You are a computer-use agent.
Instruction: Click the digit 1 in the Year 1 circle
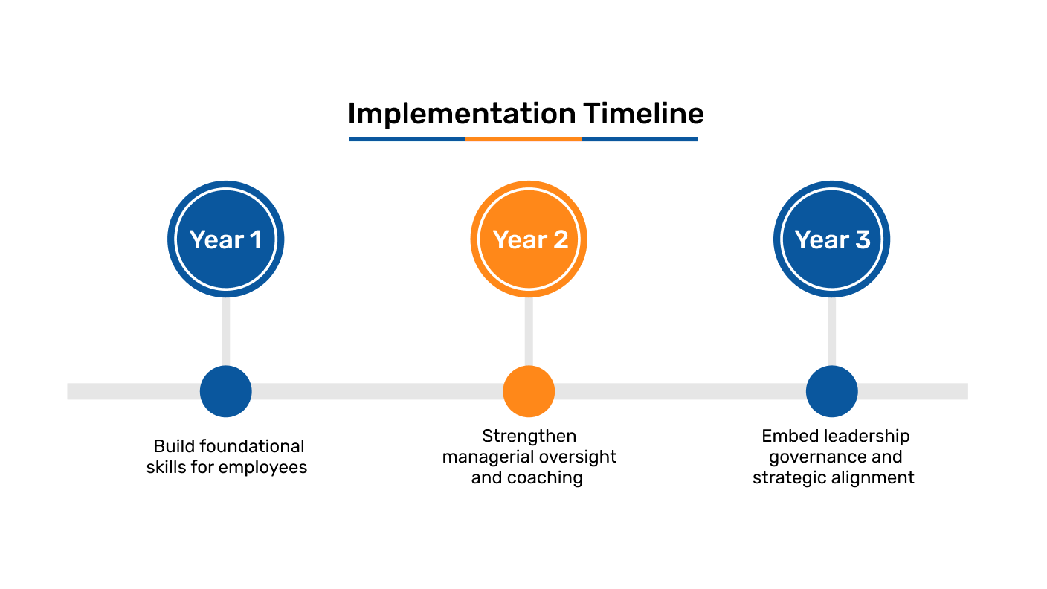(255, 239)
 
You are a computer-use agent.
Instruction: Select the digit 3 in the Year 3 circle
(862, 239)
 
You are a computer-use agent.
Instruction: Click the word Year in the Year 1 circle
(216, 239)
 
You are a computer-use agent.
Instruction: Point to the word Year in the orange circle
(520, 239)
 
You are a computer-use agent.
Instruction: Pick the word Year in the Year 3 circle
(822, 239)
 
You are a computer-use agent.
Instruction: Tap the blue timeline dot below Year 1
(226, 391)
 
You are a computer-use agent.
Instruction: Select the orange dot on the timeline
(529, 391)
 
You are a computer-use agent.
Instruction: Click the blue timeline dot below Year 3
(832, 391)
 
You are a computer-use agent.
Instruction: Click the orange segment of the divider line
(523, 139)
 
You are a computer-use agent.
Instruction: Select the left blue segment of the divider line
(407, 139)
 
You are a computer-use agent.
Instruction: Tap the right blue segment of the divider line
(640, 139)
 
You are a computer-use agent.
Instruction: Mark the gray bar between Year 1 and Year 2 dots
(377, 391)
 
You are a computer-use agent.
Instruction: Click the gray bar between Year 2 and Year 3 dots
(680, 391)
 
